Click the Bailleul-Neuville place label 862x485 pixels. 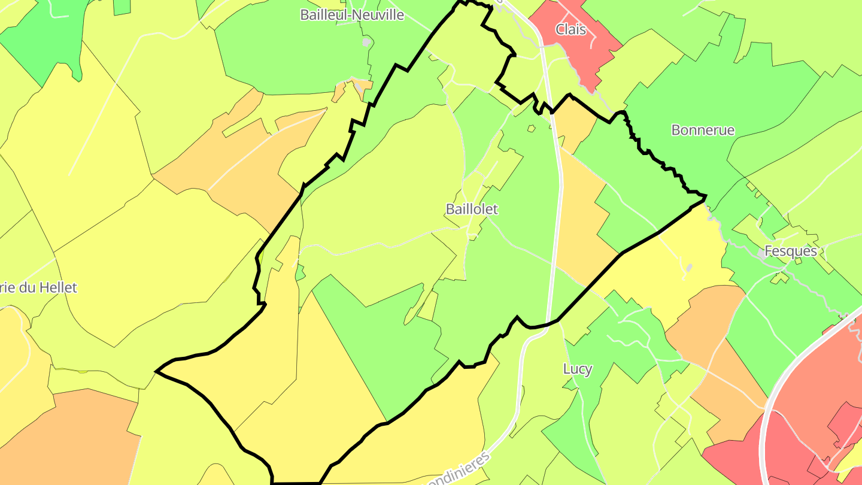[352, 15]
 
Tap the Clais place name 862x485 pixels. [570, 29]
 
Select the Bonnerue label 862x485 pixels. [703, 130]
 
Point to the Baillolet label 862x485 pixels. [472, 209]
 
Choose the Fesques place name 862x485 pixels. [791, 251]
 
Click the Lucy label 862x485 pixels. [578, 369]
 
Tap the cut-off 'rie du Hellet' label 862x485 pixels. [38, 287]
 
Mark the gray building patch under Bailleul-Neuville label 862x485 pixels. [366, 42]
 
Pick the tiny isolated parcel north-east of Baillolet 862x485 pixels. [531, 128]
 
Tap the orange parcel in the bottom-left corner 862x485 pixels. [66, 437]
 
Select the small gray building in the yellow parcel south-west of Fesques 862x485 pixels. [689, 267]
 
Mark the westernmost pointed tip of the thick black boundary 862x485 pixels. [157, 371]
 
